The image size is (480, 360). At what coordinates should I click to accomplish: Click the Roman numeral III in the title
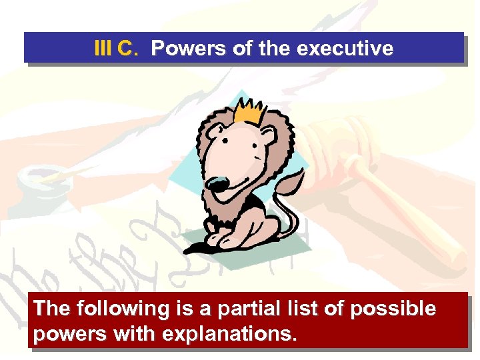coord(103,49)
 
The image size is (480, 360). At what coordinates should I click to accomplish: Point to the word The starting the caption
coord(52,309)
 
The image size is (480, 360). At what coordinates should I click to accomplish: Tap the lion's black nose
coord(215,184)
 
